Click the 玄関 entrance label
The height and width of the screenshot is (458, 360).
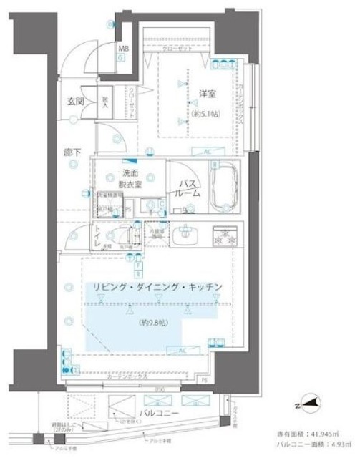coord(76,102)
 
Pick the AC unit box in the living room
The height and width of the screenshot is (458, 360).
coord(182,350)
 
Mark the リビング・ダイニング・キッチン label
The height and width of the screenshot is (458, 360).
coord(153,288)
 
